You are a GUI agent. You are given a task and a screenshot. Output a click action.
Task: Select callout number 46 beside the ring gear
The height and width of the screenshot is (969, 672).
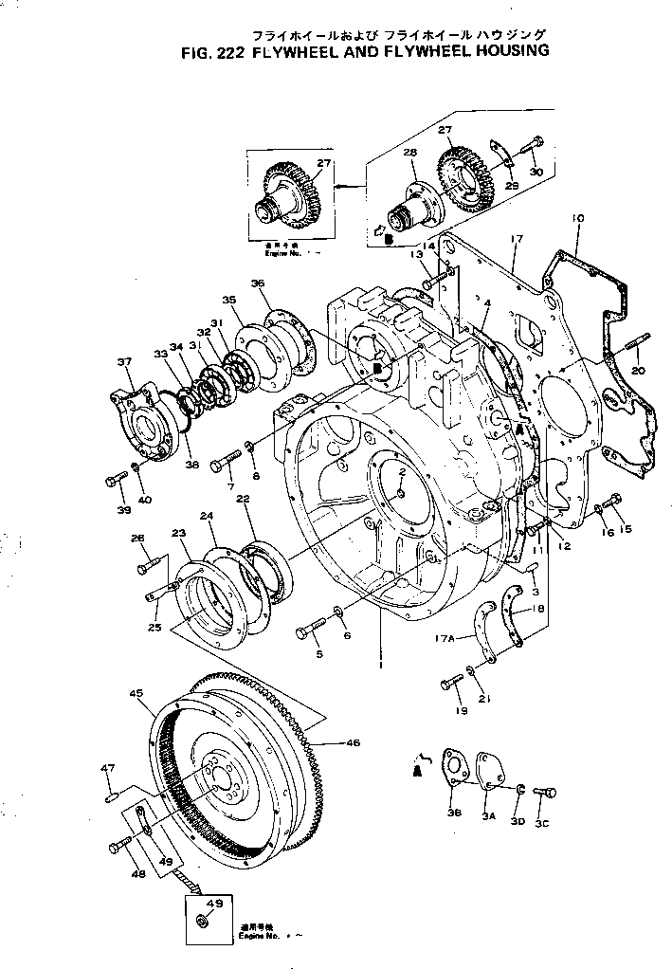point(352,742)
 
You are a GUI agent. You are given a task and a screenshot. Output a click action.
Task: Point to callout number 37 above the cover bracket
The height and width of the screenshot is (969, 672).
point(125,361)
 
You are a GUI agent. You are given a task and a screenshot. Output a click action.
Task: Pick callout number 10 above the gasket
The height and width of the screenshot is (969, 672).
point(577,219)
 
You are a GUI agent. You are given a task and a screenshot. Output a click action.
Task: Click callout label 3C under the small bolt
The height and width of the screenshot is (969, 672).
point(542,823)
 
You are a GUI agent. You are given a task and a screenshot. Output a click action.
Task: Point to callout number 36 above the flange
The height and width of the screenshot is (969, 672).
point(259,283)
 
